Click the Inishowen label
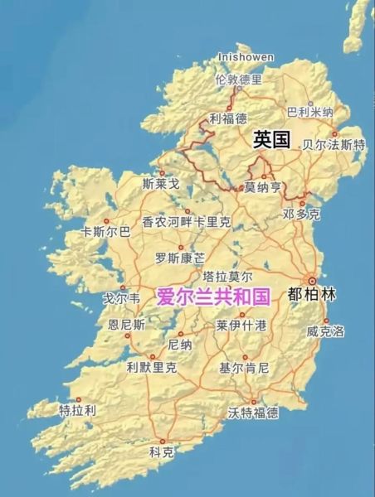click(245, 56)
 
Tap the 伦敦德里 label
click(238, 80)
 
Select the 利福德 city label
click(228, 118)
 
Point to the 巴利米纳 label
click(309, 112)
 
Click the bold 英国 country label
click(271, 140)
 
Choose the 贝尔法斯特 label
click(334, 144)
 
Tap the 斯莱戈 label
click(161, 183)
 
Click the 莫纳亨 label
click(262, 187)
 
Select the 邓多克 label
click(301, 214)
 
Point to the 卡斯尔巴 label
click(105, 232)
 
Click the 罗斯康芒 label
click(180, 258)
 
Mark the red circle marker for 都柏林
click(312, 281)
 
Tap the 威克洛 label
click(325, 331)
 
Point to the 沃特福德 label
click(253, 412)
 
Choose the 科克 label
click(162, 452)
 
